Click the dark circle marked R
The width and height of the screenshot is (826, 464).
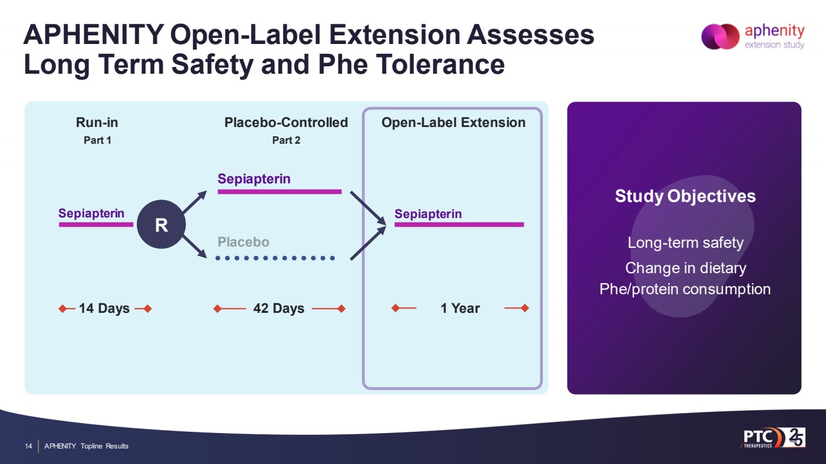[x=161, y=224]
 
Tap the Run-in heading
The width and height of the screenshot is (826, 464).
[x=97, y=123]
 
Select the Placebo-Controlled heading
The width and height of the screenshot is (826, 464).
[x=286, y=123]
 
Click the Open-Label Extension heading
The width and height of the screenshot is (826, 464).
[x=454, y=123]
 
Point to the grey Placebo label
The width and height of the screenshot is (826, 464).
[x=244, y=242]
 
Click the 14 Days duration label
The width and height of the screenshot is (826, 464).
[x=104, y=308]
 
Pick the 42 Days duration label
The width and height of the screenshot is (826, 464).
[x=279, y=308]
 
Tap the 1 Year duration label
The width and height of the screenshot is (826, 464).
[x=460, y=308]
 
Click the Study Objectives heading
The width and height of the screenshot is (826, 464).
[x=685, y=196]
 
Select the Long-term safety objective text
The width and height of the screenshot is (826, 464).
[x=685, y=242]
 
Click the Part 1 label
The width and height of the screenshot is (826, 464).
[x=97, y=140]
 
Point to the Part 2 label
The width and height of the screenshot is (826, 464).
[x=286, y=140]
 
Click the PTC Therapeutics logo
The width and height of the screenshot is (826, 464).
[x=773, y=437]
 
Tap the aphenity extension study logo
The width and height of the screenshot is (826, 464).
[x=753, y=37]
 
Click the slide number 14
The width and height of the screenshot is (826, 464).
[x=29, y=446]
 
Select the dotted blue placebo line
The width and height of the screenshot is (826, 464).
[x=275, y=258]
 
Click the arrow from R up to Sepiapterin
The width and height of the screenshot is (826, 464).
[x=195, y=202]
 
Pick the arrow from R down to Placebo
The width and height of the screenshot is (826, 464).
[x=195, y=247]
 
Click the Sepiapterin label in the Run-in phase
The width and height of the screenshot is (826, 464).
[x=91, y=213]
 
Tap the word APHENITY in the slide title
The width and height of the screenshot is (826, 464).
[x=94, y=35]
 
